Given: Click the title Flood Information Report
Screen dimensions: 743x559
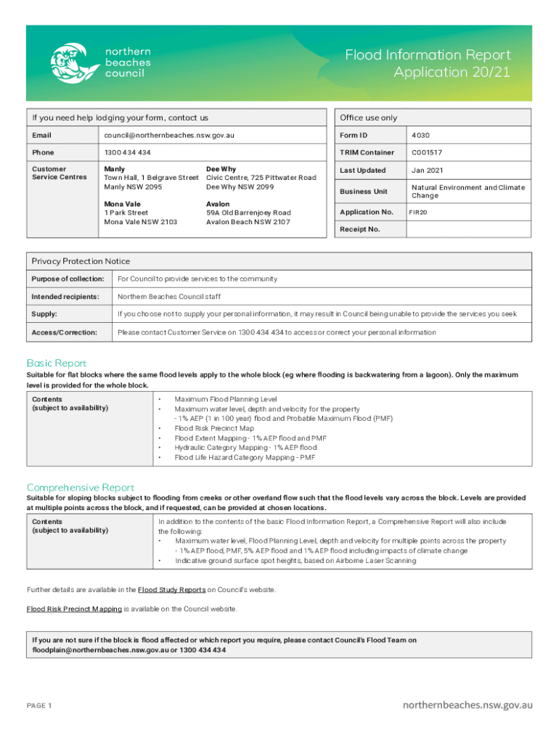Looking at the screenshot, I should pyautogui.click(x=428, y=55).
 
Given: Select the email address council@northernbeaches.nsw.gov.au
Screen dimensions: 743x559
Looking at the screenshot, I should pyautogui.click(x=169, y=135).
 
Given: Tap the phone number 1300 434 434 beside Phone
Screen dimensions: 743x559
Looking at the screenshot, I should pyautogui.click(x=128, y=152).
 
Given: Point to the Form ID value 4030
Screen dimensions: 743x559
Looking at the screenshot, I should pyautogui.click(x=421, y=135).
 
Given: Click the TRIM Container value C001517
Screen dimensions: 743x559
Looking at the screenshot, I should pyautogui.click(x=427, y=152).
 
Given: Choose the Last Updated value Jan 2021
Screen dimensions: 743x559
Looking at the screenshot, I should pyautogui.click(x=428, y=171).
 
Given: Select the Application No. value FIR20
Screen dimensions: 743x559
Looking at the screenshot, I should pyautogui.click(x=418, y=212).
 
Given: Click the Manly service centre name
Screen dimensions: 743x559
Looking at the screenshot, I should pyautogui.click(x=114, y=169).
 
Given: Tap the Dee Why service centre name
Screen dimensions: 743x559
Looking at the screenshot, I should pyautogui.click(x=221, y=169).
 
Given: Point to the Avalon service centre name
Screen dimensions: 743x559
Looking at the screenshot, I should pyautogui.click(x=219, y=204).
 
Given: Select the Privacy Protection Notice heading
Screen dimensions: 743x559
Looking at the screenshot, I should pyautogui.click(x=81, y=261).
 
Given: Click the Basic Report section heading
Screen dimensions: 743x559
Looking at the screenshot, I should pyautogui.click(x=57, y=363).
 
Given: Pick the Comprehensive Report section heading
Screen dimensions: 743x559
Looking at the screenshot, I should pyautogui.click(x=81, y=487).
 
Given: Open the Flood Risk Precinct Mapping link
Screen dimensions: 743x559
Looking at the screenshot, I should pyautogui.click(x=74, y=609).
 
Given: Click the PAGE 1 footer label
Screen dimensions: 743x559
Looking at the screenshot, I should pyautogui.click(x=39, y=705).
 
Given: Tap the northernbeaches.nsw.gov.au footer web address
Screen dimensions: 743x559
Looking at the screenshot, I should pyautogui.click(x=468, y=705).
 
